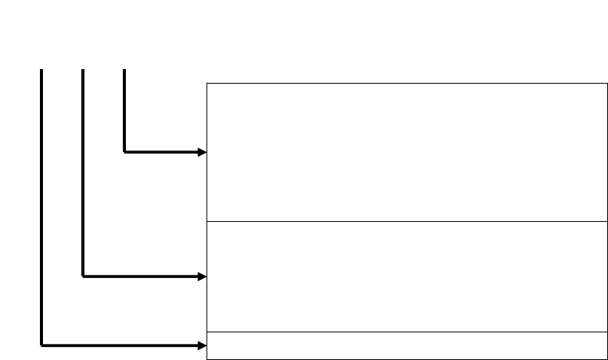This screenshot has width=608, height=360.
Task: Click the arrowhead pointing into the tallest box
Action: coord(202,152)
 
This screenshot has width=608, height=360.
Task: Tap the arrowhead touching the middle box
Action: coord(202,276)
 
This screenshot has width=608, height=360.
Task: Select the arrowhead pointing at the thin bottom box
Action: coord(202,345)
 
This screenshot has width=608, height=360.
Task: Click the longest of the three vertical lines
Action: coord(41,207)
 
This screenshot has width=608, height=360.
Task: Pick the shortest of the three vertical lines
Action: coord(124,111)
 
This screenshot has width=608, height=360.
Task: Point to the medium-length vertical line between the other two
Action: coord(82,173)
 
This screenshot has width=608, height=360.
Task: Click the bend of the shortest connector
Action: coord(124,152)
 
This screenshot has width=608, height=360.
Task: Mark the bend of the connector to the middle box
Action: coord(82,276)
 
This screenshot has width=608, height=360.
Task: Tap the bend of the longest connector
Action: coord(41,345)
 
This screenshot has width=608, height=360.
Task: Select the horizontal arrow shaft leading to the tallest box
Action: coord(161,152)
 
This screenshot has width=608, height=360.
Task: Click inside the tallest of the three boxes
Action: coord(403,152)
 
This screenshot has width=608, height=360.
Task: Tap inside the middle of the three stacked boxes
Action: coord(403,276)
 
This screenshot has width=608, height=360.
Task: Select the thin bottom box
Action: coord(403,345)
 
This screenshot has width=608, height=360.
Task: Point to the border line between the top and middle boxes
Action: coord(403,221)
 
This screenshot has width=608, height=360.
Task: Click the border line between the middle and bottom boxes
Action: coord(403,332)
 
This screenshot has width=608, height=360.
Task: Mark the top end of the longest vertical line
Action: coord(41,71)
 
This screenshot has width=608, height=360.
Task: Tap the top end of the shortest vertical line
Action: coord(124,71)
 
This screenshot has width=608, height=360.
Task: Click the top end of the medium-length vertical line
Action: coord(82,71)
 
